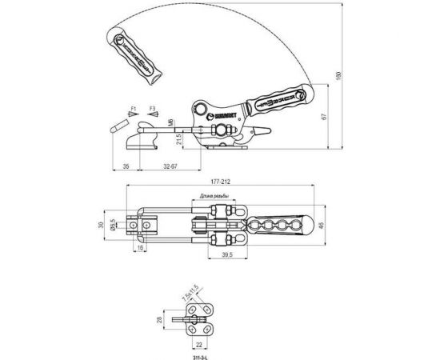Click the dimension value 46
321,227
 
